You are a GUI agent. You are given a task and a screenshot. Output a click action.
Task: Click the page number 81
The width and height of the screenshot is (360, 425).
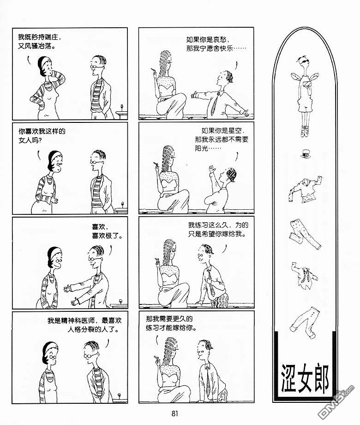point(175,413)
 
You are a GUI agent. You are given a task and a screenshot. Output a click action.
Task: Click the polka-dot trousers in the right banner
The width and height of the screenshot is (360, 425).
point(305,234)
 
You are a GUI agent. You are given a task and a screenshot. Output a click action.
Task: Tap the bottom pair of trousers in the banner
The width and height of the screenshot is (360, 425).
point(306,322)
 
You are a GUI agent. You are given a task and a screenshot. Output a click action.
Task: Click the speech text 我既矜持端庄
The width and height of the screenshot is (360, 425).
point(39,37)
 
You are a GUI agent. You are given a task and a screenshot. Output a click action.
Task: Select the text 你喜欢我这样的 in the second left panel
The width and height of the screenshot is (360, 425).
point(42,132)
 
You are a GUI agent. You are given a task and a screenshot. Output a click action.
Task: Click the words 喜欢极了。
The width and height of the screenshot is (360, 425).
point(107,236)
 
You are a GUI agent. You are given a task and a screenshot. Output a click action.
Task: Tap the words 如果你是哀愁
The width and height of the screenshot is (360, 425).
point(207,40)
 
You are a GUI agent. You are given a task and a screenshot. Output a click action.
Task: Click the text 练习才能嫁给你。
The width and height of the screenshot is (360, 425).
point(171,328)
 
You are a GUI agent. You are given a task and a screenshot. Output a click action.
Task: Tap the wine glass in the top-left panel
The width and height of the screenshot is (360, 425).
point(121,108)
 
